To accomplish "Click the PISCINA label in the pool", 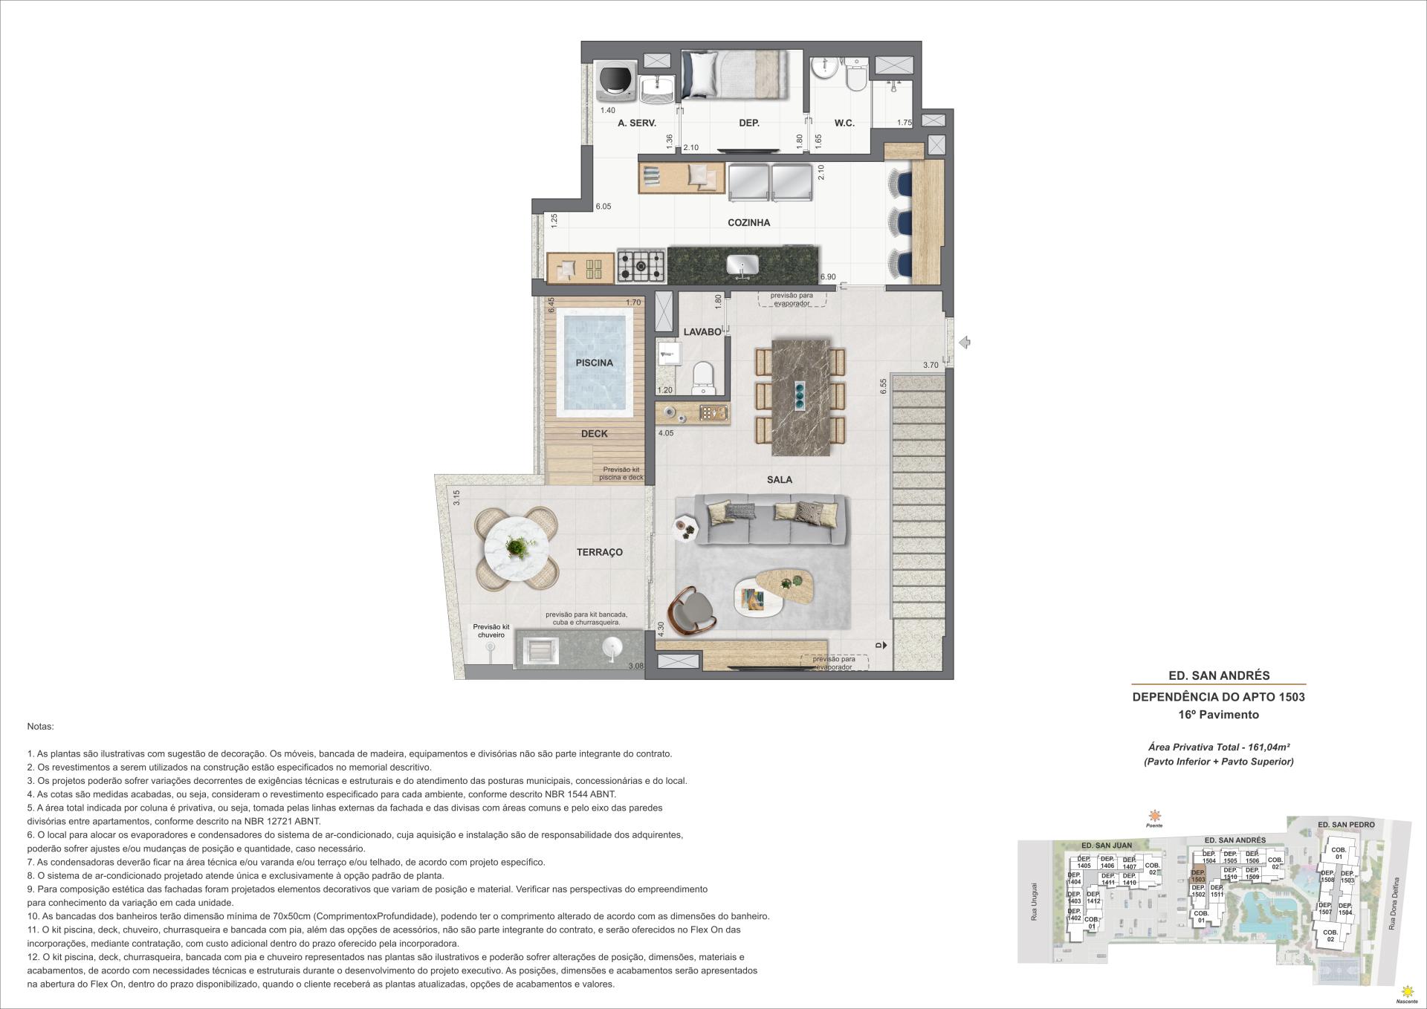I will point(594,363).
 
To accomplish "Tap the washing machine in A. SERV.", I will point(616,80).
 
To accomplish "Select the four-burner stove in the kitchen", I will point(641,265).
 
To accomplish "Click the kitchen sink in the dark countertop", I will point(741,265).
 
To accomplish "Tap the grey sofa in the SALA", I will point(770,519).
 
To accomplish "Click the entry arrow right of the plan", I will point(965,343).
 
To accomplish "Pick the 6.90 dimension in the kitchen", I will point(827,277).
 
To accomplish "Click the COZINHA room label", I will point(748,223).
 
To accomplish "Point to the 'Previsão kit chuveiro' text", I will point(491,631).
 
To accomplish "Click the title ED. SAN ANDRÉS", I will point(1219,675).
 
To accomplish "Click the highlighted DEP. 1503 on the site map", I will point(1198,876).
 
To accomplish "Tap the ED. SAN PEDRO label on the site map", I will point(1345,825).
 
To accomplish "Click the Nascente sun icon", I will point(1406,991).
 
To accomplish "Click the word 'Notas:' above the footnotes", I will point(40,726).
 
